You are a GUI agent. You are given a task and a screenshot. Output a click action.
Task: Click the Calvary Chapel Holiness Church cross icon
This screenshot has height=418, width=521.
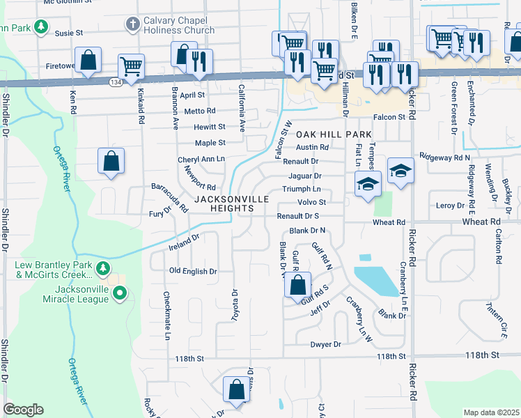click(132, 25)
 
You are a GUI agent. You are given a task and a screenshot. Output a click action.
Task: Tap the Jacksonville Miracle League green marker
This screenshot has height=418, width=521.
click(120, 294)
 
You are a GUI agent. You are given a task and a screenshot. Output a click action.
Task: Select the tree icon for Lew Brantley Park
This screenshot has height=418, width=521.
click(103, 268)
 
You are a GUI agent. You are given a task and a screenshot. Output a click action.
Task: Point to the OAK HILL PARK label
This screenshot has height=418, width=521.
click(325, 134)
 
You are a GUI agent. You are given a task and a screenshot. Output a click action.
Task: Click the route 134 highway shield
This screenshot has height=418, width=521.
click(114, 82)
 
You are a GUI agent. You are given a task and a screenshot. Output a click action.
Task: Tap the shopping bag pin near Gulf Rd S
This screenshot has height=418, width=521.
click(297, 285)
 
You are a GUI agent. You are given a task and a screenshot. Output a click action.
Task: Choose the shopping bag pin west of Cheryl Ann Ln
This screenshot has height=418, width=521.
click(111, 161)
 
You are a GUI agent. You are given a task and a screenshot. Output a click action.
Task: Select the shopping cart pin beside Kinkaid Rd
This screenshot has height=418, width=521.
click(131, 66)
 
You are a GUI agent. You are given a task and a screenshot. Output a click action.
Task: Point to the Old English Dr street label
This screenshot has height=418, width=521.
click(193, 271)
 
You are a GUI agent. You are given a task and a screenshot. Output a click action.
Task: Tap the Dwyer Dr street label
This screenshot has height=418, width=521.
click(326, 344)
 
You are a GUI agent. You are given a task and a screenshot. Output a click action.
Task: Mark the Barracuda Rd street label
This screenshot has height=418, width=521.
click(170, 198)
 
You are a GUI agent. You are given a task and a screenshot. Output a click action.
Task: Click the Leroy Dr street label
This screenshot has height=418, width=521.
click(449, 206)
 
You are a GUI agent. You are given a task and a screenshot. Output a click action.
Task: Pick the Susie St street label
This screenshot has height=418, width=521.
click(69, 32)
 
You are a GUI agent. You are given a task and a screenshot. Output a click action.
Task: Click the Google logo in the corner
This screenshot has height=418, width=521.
click(23, 410)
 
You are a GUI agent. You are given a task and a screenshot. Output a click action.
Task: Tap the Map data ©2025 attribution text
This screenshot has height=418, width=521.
click(491, 412)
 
